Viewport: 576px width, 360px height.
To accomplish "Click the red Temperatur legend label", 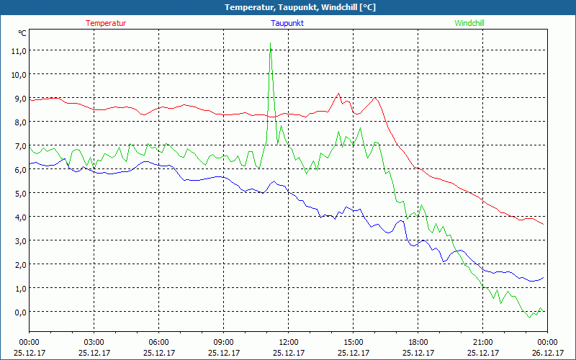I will pos(106,23).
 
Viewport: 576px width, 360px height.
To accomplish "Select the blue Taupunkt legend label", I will pos(287,23).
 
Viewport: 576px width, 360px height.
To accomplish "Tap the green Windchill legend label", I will pos(469,23).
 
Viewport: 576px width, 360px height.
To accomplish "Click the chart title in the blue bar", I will pos(288,7).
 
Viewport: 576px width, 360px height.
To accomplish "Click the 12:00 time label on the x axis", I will pos(288,342).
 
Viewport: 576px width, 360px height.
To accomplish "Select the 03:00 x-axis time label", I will pos(94,342).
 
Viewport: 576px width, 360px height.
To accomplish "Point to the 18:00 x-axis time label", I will pos(418,342).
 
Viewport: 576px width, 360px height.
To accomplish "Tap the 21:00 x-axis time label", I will pos(482,342).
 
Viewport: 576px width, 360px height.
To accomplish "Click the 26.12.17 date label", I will pos(547,353).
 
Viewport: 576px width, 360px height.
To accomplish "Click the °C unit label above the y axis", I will pos(22,33).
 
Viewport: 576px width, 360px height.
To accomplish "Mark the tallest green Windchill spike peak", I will pos(270,43).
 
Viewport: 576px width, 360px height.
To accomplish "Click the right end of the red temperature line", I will pos(544,224).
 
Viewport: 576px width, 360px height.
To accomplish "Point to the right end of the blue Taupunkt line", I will pos(544,277).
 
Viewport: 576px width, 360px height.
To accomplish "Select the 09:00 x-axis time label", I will pos(223,342).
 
